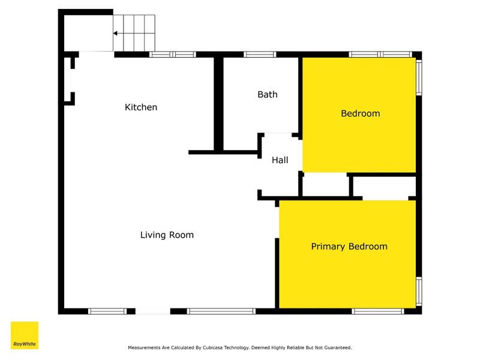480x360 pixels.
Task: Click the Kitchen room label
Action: click(141, 107)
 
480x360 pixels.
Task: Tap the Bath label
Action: click(268, 94)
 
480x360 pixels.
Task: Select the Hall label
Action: click(280, 160)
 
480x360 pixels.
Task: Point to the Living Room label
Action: click(167, 235)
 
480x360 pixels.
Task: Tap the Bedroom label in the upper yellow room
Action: click(361, 113)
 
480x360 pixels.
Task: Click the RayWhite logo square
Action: click(25, 335)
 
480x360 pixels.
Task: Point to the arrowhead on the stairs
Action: click(115, 33)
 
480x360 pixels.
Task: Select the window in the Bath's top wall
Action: click(260, 55)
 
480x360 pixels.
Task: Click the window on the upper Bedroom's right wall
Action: click(419, 77)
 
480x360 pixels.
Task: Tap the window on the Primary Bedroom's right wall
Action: click(419, 291)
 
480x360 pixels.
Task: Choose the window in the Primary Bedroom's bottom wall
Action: click(378, 311)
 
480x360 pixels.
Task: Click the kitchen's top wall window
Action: click(173, 55)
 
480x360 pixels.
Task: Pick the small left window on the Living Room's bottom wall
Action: click(107, 311)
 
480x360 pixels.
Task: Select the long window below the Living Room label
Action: click(221, 311)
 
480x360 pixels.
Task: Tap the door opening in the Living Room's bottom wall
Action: click(153, 311)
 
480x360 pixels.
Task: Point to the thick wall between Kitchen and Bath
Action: click(218, 104)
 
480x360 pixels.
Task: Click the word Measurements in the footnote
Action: click(144, 347)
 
